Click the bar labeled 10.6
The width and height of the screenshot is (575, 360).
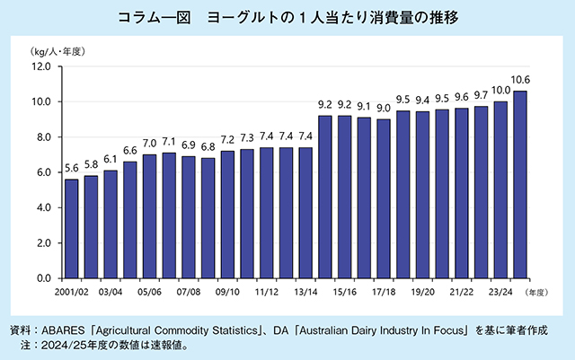[520, 184]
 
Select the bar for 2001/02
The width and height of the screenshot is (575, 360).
[72, 229]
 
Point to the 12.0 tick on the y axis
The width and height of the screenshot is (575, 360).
[40, 66]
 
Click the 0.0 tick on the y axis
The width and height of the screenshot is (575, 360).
[43, 278]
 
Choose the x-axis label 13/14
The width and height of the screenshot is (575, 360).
[305, 293]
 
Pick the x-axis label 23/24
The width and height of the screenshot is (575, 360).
[500, 293]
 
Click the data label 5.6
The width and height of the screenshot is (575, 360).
[72, 170]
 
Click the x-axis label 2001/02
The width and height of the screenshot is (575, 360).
[72, 293]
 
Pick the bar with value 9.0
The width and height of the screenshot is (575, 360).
[384, 198]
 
